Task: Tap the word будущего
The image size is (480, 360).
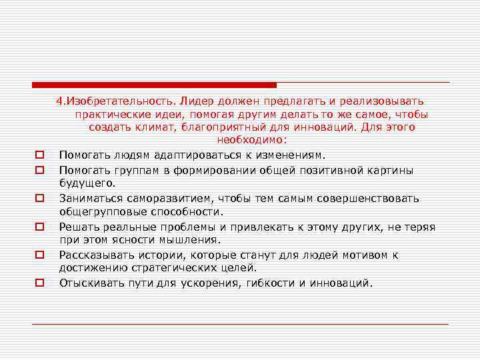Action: coord(87,183)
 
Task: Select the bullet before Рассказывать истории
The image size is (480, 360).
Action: coord(40,255)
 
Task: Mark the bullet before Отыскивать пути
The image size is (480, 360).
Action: coord(40,283)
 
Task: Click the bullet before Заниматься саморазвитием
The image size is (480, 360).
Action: coord(40,199)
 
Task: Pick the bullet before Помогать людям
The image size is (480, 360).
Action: coord(40,155)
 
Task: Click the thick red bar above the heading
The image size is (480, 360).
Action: coord(154,85)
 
